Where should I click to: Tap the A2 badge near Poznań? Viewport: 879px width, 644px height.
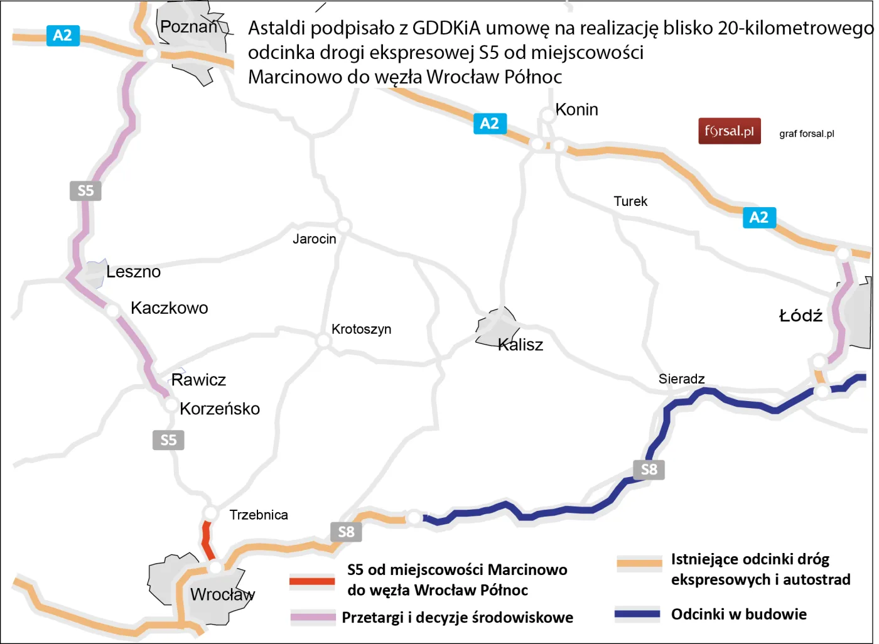click(x=63, y=35)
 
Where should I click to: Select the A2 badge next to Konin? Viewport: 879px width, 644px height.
click(x=490, y=124)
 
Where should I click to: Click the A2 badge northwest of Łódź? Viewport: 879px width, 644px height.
click(x=759, y=217)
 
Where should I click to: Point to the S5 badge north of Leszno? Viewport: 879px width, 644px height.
click(x=85, y=190)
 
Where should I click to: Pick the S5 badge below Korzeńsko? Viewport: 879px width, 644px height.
click(x=168, y=440)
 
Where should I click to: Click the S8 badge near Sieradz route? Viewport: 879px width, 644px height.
click(x=649, y=470)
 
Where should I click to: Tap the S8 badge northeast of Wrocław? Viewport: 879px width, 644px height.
click(x=346, y=532)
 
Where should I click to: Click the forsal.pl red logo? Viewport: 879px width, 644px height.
click(x=729, y=131)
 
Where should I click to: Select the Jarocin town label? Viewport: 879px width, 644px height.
click(x=315, y=239)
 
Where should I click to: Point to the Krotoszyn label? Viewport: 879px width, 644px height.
click(x=361, y=330)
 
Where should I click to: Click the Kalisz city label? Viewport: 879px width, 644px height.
click(x=520, y=345)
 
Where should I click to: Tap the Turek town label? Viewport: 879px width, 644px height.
click(x=630, y=201)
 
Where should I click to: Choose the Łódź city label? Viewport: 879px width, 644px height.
click(x=801, y=316)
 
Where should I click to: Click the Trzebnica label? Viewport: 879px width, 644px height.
click(x=259, y=515)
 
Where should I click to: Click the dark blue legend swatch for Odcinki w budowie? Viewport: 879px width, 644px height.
click(x=637, y=614)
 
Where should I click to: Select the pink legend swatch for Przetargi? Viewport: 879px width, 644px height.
click(x=313, y=617)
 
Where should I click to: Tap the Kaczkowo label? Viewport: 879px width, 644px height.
click(x=170, y=308)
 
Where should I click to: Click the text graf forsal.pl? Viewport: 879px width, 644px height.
click(x=806, y=134)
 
